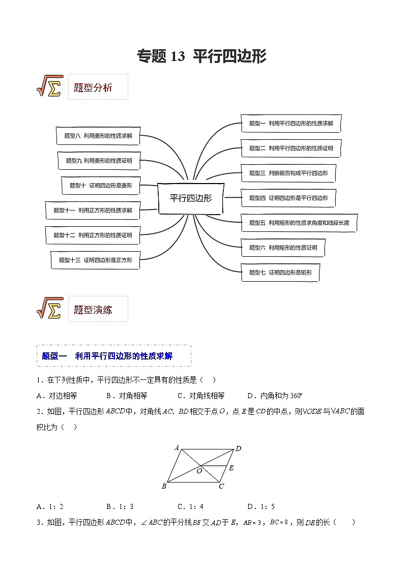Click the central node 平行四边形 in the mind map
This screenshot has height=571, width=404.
tap(190, 198)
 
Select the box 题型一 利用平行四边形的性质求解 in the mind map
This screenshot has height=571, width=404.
tap(291, 124)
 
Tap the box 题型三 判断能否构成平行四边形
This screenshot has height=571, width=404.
tap(288, 173)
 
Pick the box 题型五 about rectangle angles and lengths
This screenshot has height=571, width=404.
tap(299, 223)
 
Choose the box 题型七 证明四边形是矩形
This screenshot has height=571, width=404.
tap(283, 273)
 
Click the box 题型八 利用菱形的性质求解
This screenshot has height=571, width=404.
tap(98, 136)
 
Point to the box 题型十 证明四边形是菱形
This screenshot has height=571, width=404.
tap(100, 186)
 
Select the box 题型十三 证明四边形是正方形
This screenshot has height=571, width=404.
tap(95, 260)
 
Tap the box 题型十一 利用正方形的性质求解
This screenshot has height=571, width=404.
tap(93, 210)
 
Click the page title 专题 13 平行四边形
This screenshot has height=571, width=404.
tap(201, 56)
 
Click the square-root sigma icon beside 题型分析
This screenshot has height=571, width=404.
tap(49, 86)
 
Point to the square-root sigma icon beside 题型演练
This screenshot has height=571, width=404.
tap(49, 308)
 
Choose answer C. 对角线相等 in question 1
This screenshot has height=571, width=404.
tap(200, 396)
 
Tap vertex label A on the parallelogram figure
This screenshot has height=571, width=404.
tap(177, 448)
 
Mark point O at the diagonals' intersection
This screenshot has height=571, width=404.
tap(199, 471)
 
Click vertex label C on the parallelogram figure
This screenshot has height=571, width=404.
tap(221, 487)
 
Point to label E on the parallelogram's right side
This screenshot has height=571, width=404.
tap(231, 468)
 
